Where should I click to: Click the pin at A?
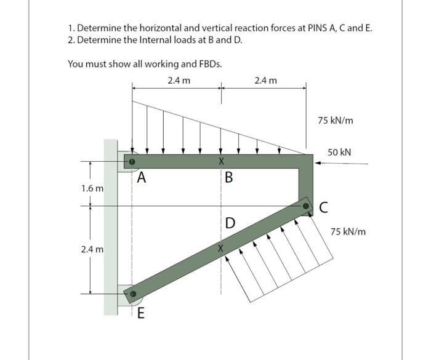click(131, 162)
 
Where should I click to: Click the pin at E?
click(131, 295)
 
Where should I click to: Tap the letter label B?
click(229, 179)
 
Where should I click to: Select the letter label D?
click(230, 222)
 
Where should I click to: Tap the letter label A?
click(142, 179)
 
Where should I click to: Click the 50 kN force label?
click(339, 151)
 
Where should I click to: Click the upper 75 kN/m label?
click(336, 120)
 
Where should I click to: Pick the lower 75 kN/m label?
click(348, 232)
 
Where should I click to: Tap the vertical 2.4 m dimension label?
click(92, 250)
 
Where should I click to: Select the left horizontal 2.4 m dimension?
click(179, 80)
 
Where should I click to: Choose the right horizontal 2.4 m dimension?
click(265, 80)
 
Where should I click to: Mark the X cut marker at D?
click(221, 249)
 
